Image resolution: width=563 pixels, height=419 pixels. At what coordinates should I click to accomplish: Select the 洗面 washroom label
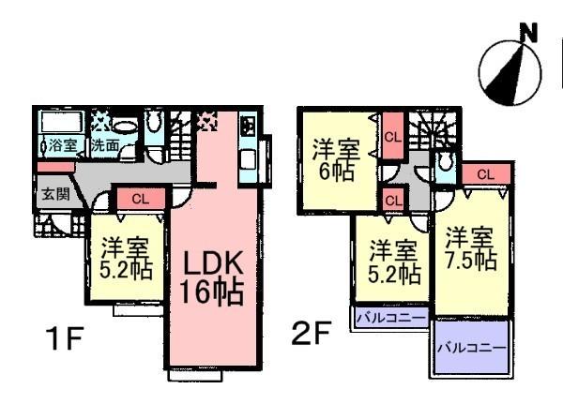click(x=105, y=146)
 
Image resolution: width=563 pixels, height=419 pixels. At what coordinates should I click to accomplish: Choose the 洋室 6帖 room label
click(x=335, y=159)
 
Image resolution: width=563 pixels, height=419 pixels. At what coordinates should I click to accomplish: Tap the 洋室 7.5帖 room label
click(x=470, y=248)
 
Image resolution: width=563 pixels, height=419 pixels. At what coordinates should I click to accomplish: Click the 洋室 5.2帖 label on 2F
click(x=392, y=262)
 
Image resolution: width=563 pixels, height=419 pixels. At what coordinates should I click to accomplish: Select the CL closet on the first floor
click(x=139, y=198)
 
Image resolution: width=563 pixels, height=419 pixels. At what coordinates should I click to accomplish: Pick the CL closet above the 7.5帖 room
click(x=485, y=173)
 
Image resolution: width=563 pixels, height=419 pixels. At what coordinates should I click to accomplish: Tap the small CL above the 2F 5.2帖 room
click(x=393, y=199)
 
